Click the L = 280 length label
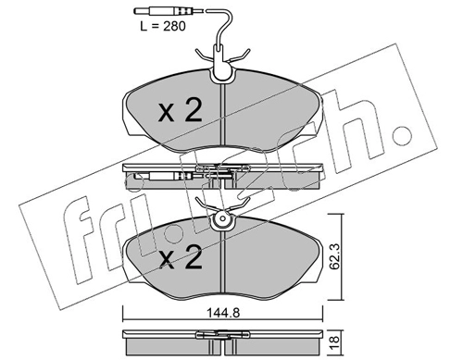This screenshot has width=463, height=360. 163,26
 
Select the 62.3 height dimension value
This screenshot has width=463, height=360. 334,256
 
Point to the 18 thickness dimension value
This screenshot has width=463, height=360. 335,341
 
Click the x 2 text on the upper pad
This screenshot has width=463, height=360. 181,110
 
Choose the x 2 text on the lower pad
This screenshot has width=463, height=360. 181,256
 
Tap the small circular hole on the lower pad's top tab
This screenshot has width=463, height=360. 222,218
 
